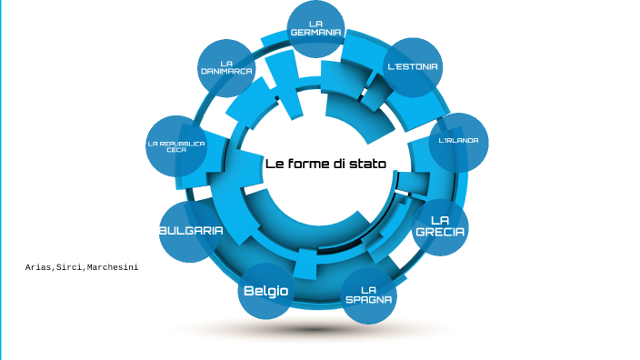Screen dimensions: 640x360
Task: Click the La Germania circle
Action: point(315,27)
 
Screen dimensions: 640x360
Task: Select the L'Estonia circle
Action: point(414,66)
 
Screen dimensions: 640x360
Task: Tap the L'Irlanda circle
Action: point(457,141)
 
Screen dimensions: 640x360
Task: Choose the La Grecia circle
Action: point(440,226)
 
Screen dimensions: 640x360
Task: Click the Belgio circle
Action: point(265,291)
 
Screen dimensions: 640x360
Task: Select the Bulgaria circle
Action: point(191,232)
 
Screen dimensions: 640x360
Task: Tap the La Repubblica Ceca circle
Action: point(176,145)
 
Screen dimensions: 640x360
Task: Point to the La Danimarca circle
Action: point(226,68)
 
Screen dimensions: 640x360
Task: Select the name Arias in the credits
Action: point(39,268)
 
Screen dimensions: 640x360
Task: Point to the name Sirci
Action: point(71,268)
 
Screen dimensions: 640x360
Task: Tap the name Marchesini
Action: point(113,268)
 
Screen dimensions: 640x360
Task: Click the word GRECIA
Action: point(440,233)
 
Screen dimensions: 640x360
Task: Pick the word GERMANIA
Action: point(315,32)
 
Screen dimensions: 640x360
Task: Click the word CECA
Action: point(176,150)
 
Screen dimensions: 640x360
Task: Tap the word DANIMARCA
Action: point(226,71)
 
